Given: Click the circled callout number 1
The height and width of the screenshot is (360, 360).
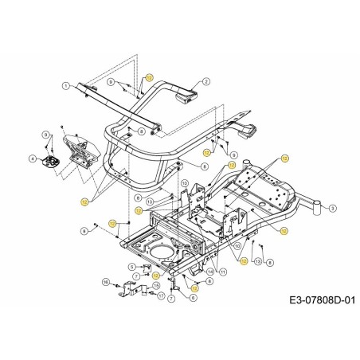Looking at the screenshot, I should (x=65, y=85).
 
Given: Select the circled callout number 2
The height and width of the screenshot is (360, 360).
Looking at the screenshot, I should (x=205, y=81).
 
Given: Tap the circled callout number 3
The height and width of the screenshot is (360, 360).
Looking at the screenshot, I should (x=331, y=209).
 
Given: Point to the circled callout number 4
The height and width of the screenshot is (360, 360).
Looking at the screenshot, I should (x=33, y=158).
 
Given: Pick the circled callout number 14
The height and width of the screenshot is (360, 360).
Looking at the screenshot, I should (x=210, y=271).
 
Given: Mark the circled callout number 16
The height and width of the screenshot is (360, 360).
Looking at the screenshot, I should (x=105, y=282).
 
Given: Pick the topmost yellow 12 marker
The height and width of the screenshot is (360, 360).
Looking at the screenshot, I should (x=148, y=77).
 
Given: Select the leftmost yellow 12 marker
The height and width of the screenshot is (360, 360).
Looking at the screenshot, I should (x=84, y=202).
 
